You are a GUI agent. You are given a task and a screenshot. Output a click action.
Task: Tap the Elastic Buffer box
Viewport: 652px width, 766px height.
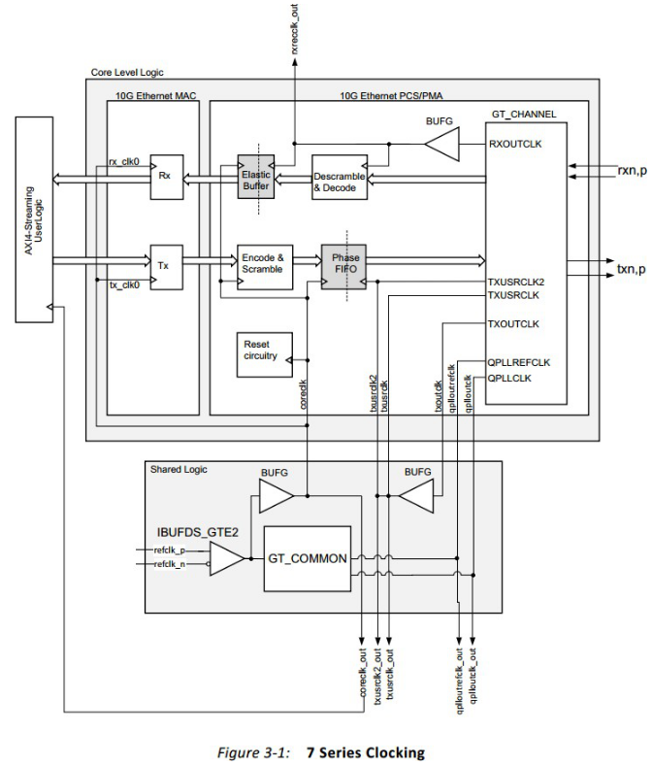(256, 178)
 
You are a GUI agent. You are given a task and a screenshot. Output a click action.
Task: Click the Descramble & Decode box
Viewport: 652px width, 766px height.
(341, 176)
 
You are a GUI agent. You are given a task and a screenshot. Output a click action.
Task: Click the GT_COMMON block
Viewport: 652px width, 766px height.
(307, 560)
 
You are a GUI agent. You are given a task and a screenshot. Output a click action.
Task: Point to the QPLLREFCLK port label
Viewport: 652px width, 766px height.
(519, 362)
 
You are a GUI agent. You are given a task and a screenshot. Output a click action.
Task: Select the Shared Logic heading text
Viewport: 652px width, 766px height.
(179, 469)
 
